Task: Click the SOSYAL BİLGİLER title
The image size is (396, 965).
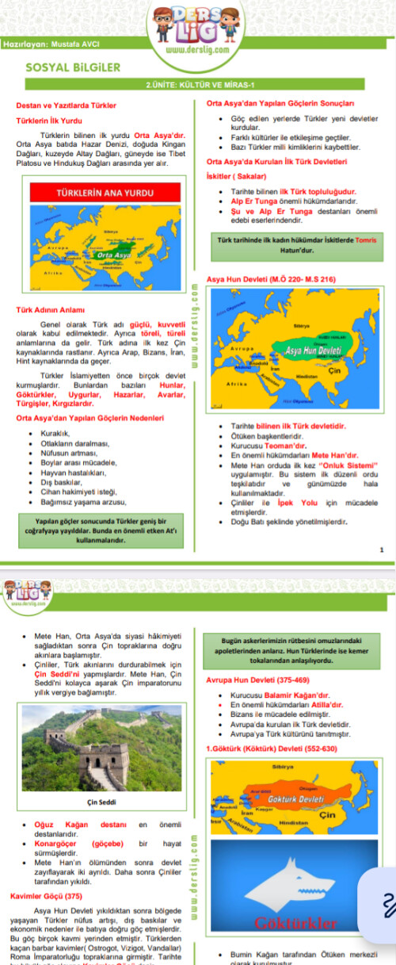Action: pyautogui.click(x=62, y=68)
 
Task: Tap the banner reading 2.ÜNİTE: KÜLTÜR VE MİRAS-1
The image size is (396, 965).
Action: pyautogui.click(x=197, y=86)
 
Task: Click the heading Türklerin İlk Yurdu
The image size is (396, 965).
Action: pyautogui.click(x=49, y=121)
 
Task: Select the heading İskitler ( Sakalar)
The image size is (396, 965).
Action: pyautogui.click(x=235, y=176)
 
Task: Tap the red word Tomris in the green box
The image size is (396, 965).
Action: pyautogui.click(x=367, y=240)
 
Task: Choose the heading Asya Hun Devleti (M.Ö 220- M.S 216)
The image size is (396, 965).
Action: pyautogui.click(x=271, y=279)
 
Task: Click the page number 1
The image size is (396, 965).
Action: pyautogui.click(x=382, y=550)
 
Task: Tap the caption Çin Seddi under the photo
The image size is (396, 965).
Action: pyautogui.click(x=101, y=802)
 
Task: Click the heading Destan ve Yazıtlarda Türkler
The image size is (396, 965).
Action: pyautogui.click(x=67, y=105)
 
